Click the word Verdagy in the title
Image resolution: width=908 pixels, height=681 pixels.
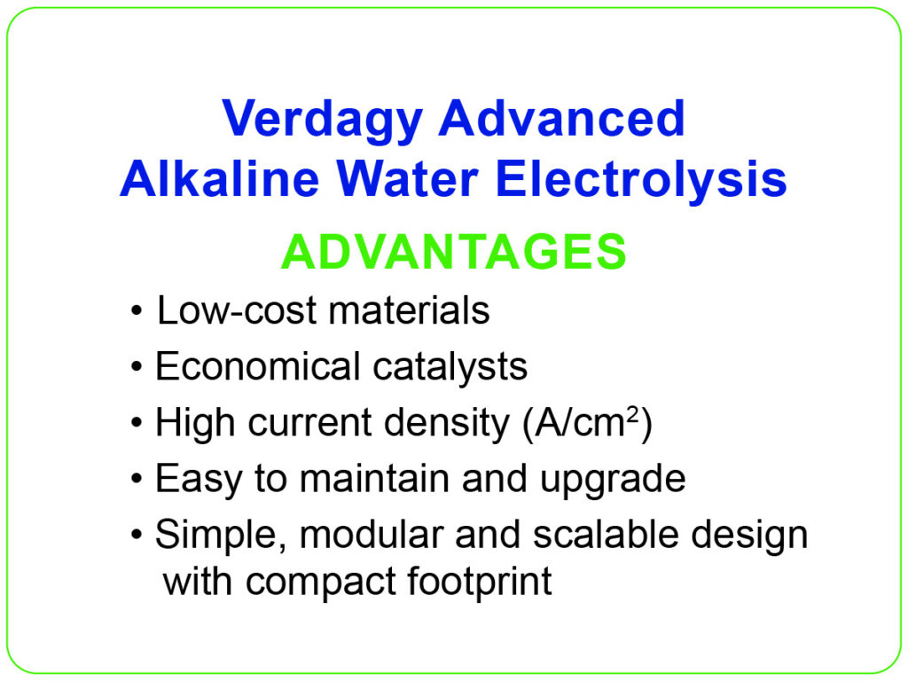tap(322, 121)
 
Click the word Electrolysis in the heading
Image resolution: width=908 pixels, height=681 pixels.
tap(641, 181)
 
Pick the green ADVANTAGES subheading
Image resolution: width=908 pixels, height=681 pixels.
tap(453, 252)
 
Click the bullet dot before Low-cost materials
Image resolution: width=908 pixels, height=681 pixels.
tap(136, 311)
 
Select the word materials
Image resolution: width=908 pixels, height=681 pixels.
tap(409, 310)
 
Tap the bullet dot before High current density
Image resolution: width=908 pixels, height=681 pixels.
tap(136, 423)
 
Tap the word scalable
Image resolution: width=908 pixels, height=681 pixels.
tap(605, 534)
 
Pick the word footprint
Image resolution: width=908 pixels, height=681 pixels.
tap(479, 582)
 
